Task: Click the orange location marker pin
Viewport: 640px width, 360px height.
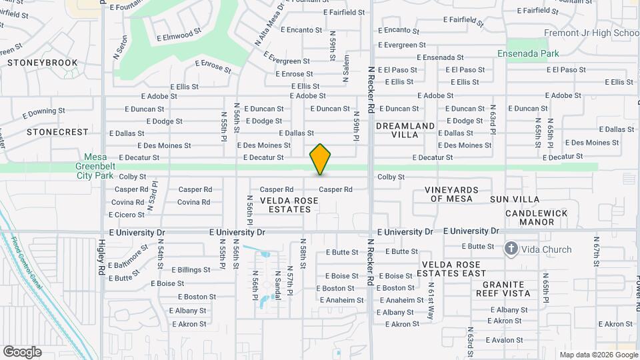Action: pyautogui.click(x=321, y=159)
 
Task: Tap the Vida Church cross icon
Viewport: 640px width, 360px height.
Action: pyautogui.click(x=511, y=249)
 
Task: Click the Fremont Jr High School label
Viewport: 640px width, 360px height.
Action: pyautogui.click(x=591, y=33)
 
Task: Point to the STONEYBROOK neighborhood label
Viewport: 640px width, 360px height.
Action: pyautogui.click(x=43, y=63)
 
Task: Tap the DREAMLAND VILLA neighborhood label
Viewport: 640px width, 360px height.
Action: pyautogui.click(x=405, y=130)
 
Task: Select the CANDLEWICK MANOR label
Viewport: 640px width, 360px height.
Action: pyautogui.click(x=536, y=217)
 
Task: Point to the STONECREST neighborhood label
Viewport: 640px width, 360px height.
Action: pyautogui.click(x=57, y=132)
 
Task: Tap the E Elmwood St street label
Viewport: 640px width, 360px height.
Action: pyautogui.click(x=179, y=33)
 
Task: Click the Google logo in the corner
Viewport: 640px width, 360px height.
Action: pyautogui.click(x=22, y=351)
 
